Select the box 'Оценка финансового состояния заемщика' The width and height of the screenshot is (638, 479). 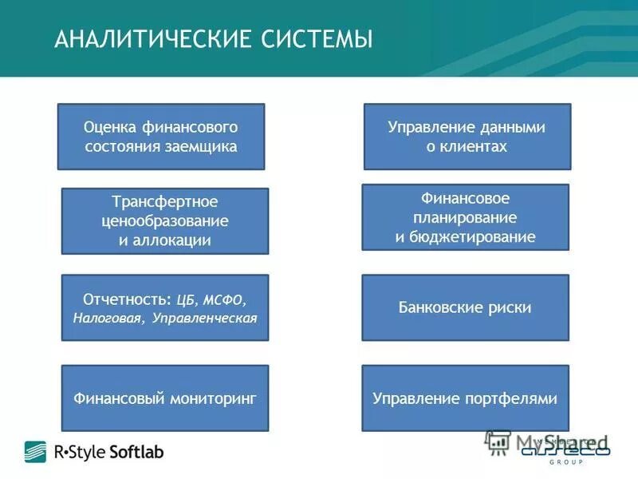pyautogui.click(x=161, y=137)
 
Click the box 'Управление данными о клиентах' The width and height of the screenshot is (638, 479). pyautogui.click(x=467, y=137)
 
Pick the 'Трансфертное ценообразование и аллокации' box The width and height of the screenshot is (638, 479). pyautogui.click(x=165, y=221)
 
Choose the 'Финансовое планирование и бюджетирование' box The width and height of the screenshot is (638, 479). pyautogui.click(x=466, y=217)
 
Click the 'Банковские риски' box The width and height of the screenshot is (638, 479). pyautogui.click(x=466, y=307)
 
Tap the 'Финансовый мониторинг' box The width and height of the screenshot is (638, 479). pyautogui.click(x=165, y=398)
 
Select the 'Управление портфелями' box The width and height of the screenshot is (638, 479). pyautogui.click(x=466, y=398)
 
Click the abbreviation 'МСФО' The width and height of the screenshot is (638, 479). pyautogui.click(x=224, y=299)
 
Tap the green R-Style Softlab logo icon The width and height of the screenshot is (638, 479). pyautogui.click(x=35, y=452)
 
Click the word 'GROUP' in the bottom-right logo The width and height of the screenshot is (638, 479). pyautogui.click(x=565, y=462)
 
